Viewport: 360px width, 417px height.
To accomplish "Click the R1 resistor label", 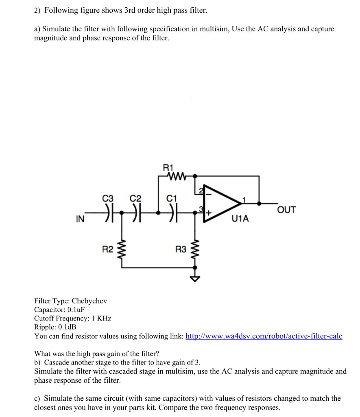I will tap(168, 167).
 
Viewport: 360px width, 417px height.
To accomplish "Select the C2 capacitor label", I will tap(135, 199).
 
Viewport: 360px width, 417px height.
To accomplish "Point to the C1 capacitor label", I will tap(172, 199).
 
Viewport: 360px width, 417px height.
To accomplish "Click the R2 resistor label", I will tap(107, 249).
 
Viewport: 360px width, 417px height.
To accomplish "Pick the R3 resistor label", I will tap(181, 249).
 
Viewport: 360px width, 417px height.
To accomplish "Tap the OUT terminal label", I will tap(286, 210).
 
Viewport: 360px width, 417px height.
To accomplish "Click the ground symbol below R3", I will tap(196, 278).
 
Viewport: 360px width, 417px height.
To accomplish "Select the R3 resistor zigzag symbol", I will tap(196, 249).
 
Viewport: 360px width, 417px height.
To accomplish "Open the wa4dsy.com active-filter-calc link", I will tap(264, 336).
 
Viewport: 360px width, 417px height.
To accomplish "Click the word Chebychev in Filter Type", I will tap(89, 301).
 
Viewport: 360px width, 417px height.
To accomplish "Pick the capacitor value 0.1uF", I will tap(73, 309).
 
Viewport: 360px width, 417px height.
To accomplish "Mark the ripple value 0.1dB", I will tap(67, 327).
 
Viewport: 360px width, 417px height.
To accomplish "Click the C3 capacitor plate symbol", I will tap(108, 213).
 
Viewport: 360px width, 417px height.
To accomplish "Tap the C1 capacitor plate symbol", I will tap(172, 213).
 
